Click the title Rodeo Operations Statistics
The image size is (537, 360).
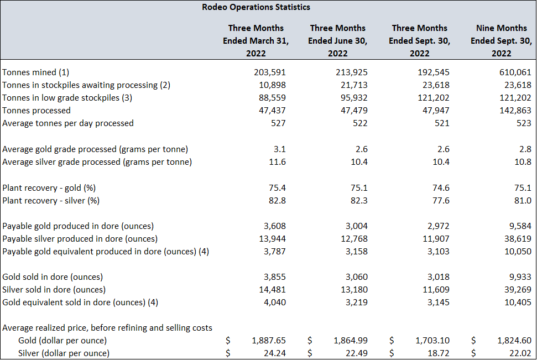pos(256,7)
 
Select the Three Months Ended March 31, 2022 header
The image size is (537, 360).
pos(256,40)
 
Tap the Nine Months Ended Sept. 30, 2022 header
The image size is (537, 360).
pos(501,40)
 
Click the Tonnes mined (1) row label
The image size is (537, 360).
pos(36,72)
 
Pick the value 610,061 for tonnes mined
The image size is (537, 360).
pos(515,72)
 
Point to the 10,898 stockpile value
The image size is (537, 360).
pos(273,85)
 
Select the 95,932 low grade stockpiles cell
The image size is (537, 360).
pos(354,98)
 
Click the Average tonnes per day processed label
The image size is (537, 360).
pos(68,123)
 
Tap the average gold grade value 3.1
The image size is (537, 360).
pos(279,149)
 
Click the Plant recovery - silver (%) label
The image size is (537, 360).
pos(51,200)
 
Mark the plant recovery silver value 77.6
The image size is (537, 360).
pos(441,200)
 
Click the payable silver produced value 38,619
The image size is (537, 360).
pos(518,239)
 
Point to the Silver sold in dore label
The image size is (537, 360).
pos(54,290)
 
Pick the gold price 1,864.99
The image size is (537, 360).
pos(350,341)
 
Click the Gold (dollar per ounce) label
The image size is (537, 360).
pos(62,341)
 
